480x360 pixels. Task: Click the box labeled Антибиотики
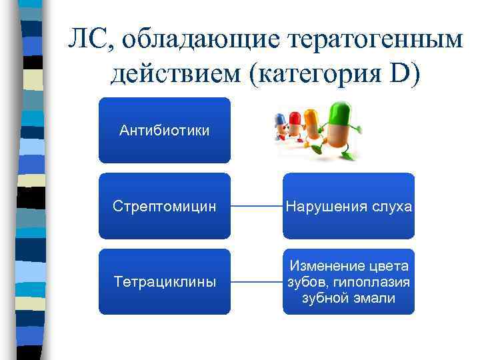pos(164,130)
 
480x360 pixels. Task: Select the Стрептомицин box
pos(164,206)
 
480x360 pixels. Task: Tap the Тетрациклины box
pos(164,281)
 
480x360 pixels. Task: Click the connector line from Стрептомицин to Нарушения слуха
pos(256,206)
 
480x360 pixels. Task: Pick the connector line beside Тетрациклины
pos(256,281)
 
